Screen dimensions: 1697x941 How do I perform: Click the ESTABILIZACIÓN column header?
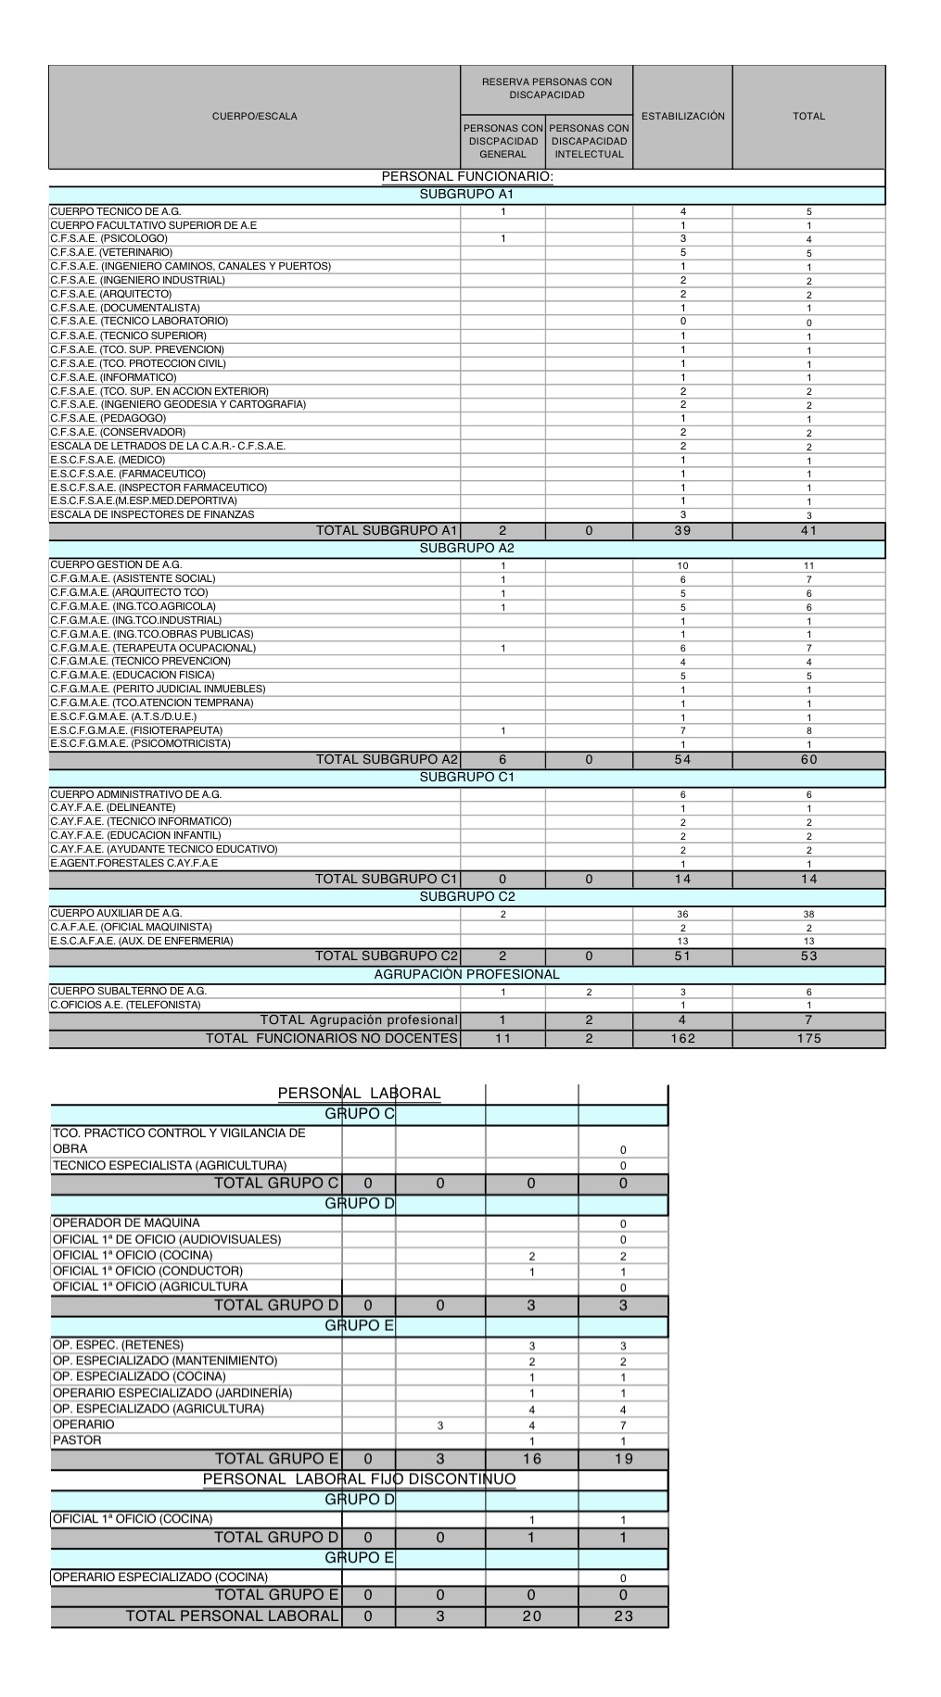point(682,117)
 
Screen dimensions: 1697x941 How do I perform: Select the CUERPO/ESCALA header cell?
point(254,117)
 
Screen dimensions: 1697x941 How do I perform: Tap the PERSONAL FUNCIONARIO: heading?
point(467,177)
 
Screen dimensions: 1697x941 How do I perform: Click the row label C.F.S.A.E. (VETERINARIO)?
point(111,252)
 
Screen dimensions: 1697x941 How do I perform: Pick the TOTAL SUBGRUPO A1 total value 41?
point(808,531)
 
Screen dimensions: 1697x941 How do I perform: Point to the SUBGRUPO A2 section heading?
point(467,549)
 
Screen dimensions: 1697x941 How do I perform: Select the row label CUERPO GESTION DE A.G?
point(116,564)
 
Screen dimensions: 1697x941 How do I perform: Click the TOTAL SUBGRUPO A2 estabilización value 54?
point(682,760)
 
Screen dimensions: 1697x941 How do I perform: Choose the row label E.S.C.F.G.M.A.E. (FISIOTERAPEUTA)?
point(136,730)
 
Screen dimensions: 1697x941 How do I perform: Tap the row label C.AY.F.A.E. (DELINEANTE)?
point(112,807)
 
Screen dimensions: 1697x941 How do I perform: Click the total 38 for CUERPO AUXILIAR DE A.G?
point(808,914)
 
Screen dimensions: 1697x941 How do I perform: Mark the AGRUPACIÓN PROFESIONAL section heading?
point(467,975)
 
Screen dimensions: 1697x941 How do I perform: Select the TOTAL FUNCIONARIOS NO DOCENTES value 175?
point(808,1039)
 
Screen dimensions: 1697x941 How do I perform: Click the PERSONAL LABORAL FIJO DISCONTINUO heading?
point(360,1479)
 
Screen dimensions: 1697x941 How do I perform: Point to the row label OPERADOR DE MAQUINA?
point(126,1222)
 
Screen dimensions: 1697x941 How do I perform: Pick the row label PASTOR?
point(77,1440)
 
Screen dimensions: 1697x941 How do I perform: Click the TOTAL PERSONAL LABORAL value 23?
point(623,1616)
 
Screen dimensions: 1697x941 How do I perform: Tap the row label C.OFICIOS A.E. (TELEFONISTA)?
point(125,1005)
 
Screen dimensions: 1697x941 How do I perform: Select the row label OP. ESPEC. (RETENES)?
point(118,1345)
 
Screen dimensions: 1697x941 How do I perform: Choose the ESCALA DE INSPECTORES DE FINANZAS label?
point(152,514)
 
